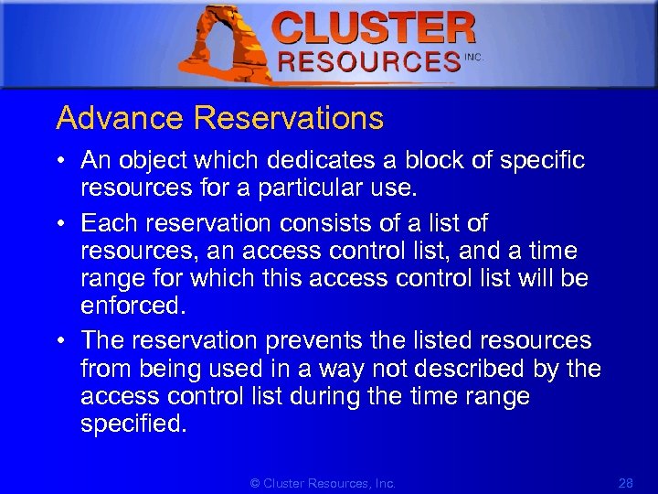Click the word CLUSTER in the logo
pos(375,28)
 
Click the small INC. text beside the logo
pos(473,57)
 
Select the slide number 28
pos(626,483)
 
